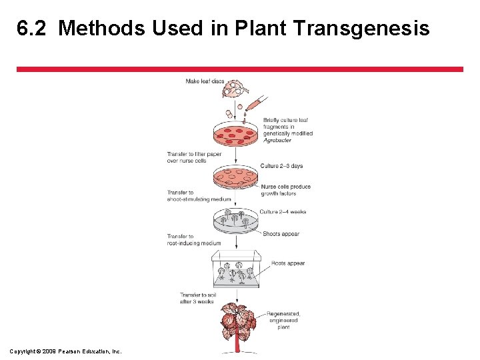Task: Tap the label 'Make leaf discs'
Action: [x=205, y=81]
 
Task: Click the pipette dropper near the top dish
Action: [x=254, y=105]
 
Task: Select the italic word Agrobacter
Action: [x=278, y=141]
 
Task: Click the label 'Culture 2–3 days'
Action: [x=281, y=166]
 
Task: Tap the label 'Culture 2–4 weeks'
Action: [x=283, y=212]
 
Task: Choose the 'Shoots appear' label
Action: [x=281, y=234]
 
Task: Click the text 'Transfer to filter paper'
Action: [x=194, y=154]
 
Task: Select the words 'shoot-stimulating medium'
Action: [x=199, y=199]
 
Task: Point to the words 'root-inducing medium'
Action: [x=194, y=243]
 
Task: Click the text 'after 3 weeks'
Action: [x=197, y=301]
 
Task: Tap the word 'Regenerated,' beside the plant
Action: [x=283, y=313]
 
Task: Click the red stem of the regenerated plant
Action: [x=236, y=343]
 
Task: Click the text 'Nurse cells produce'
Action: [x=285, y=187]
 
